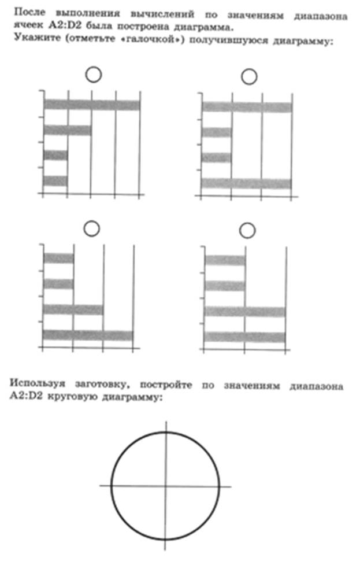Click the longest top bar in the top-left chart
(x=92, y=105)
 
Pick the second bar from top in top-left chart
(x=68, y=130)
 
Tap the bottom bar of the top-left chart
(x=55, y=181)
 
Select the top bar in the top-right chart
(x=247, y=107)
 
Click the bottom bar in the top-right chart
(x=246, y=183)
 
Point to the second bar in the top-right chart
(x=216, y=132)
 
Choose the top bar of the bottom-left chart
(x=59, y=259)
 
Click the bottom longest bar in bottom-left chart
(x=88, y=335)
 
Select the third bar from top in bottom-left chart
(x=73, y=309)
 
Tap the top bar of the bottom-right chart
(x=225, y=260)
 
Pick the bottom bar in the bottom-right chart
(x=245, y=337)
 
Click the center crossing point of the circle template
(x=166, y=486)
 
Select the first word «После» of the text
(x=30, y=13)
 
